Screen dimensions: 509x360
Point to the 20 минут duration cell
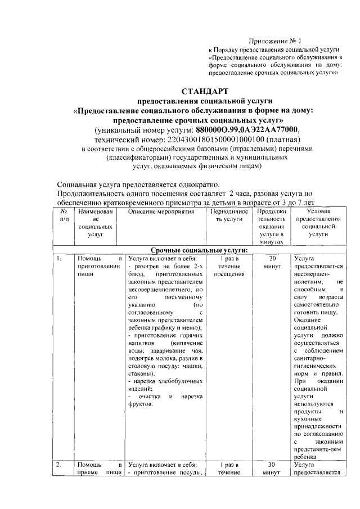point(271,262)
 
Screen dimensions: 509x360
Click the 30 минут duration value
point(271,469)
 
